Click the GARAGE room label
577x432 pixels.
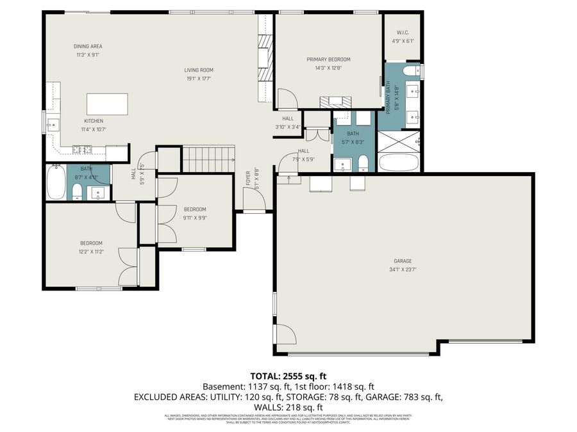point(403,260)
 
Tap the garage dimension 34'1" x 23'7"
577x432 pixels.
point(403,269)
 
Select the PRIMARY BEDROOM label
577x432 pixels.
point(328,60)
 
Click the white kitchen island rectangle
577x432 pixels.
point(107,103)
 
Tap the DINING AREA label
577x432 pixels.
point(88,46)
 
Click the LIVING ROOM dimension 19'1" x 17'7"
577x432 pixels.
point(199,79)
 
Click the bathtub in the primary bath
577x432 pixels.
point(399,162)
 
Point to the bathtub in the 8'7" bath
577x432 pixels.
point(56,184)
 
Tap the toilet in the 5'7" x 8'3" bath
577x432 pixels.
point(363,163)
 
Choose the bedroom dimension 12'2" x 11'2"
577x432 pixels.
point(91,252)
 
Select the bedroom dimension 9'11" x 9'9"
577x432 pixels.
point(195,218)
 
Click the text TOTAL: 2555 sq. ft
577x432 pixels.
point(288,376)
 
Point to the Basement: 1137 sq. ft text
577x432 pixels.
point(238,387)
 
